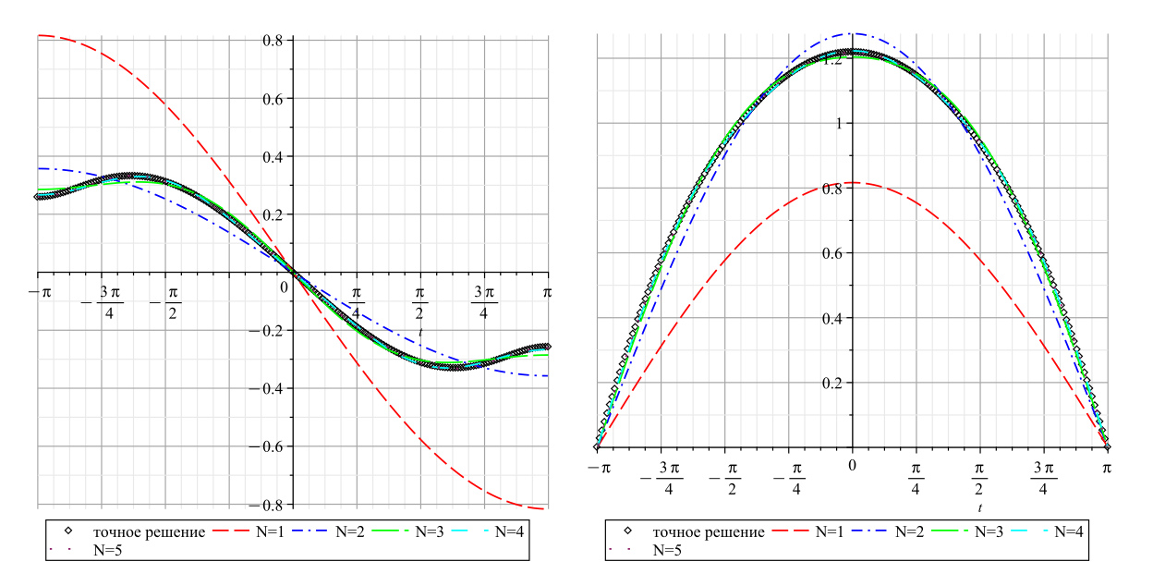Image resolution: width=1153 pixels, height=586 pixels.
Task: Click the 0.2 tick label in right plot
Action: tap(831, 383)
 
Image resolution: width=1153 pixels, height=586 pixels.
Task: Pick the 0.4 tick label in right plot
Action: tap(831, 318)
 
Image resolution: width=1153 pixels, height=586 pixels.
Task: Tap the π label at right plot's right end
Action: tap(1107, 468)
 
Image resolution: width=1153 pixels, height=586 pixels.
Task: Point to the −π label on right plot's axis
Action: tap(599, 468)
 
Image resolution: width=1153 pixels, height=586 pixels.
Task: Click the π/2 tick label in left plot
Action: tap(420, 301)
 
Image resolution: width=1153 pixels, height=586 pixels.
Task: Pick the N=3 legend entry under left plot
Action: tap(416, 531)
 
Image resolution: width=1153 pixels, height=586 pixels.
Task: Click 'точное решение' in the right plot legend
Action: tap(709, 531)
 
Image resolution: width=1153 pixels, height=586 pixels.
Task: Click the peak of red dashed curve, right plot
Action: tap(852, 182)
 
